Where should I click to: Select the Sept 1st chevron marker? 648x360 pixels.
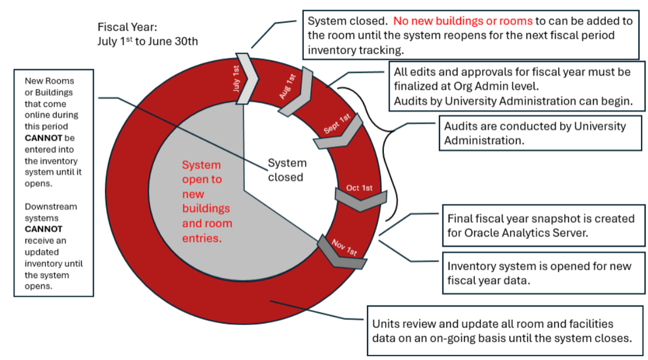coord(338,131)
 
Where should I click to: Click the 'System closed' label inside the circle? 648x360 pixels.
coord(287,170)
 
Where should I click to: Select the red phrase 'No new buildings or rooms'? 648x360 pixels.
coord(463,21)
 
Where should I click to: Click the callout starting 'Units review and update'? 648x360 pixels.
coord(501,330)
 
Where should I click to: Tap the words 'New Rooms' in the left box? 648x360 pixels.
coord(49,81)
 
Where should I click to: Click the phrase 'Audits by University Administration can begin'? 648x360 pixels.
coord(512,101)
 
